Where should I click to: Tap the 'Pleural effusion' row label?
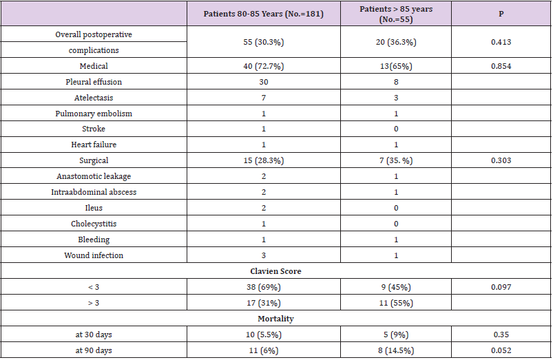(x=94, y=81)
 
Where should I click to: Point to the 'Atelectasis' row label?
(x=94, y=97)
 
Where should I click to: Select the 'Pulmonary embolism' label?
(x=94, y=113)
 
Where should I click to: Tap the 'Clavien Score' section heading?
(x=276, y=271)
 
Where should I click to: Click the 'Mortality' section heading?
(x=276, y=319)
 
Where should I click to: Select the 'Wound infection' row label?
(x=94, y=255)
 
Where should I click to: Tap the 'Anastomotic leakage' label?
(x=94, y=176)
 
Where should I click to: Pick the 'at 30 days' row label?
(x=94, y=335)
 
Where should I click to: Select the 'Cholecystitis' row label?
(x=94, y=224)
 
